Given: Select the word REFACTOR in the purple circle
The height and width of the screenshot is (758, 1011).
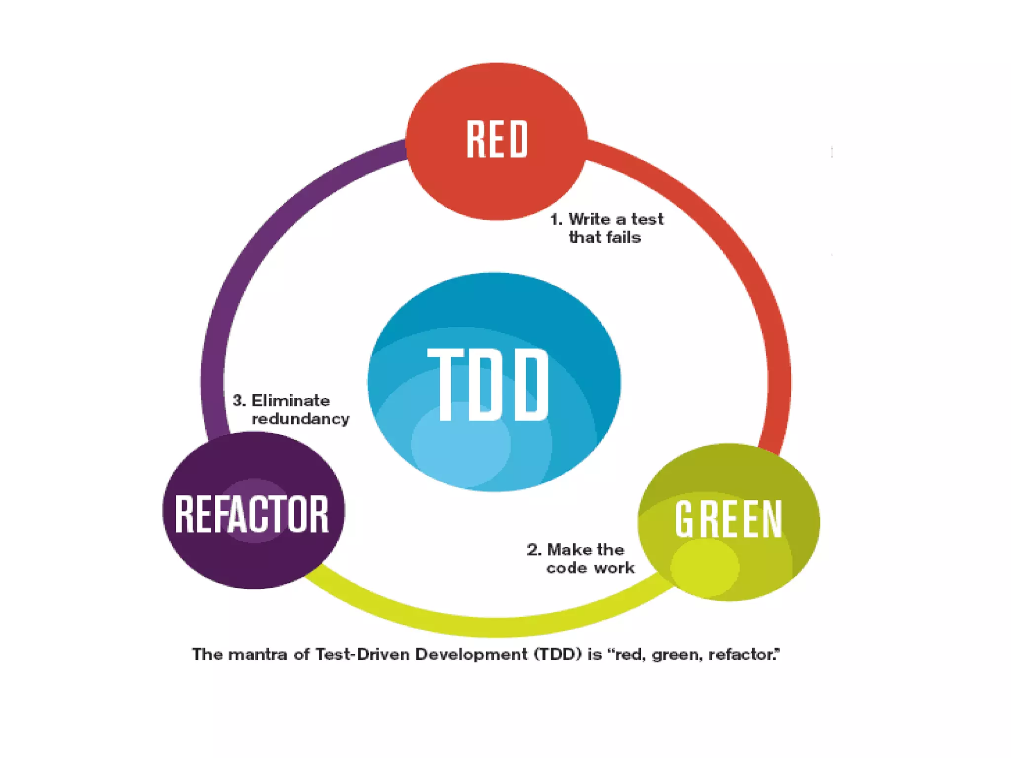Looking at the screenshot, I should tap(252, 514).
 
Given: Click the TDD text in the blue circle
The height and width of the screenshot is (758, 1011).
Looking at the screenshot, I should tap(488, 384).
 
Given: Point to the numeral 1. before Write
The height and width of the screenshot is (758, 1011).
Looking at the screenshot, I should tap(556, 219).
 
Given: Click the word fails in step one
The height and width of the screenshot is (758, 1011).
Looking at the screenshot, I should tap(624, 237).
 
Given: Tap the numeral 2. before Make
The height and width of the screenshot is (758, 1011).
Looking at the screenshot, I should tap(534, 550).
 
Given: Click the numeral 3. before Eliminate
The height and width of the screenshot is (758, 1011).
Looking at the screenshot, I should tap(239, 400).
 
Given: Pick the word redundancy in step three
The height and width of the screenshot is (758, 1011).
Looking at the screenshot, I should tap(301, 419).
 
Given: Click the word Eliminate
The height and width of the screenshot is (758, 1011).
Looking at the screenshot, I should tap(291, 400).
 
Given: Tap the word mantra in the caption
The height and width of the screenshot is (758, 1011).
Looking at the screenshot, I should tap(258, 654).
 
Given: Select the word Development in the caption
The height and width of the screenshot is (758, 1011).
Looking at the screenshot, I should tap(471, 654).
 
